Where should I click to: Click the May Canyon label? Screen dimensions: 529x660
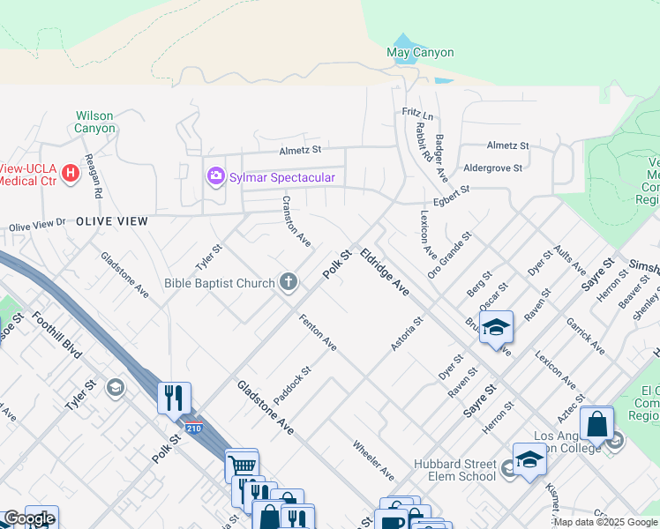coord(420,52)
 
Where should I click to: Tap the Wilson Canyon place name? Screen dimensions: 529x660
coord(94,122)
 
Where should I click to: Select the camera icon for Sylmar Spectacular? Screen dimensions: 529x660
coord(215,177)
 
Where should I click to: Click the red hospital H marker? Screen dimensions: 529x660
coord(66,165)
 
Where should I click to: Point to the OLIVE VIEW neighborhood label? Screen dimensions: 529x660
coord(110,220)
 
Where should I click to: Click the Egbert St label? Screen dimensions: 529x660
coord(452,189)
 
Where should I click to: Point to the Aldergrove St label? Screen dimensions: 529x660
coord(493,167)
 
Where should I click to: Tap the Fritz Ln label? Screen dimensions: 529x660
coord(417,115)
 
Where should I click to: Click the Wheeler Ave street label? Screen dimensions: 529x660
coord(373,460)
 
